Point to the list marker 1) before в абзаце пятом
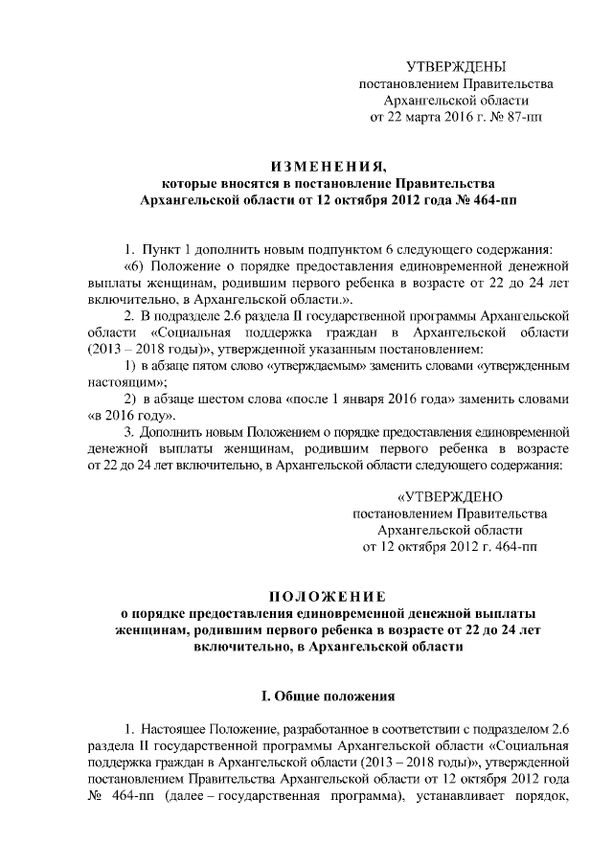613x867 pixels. click(x=132, y=365)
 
